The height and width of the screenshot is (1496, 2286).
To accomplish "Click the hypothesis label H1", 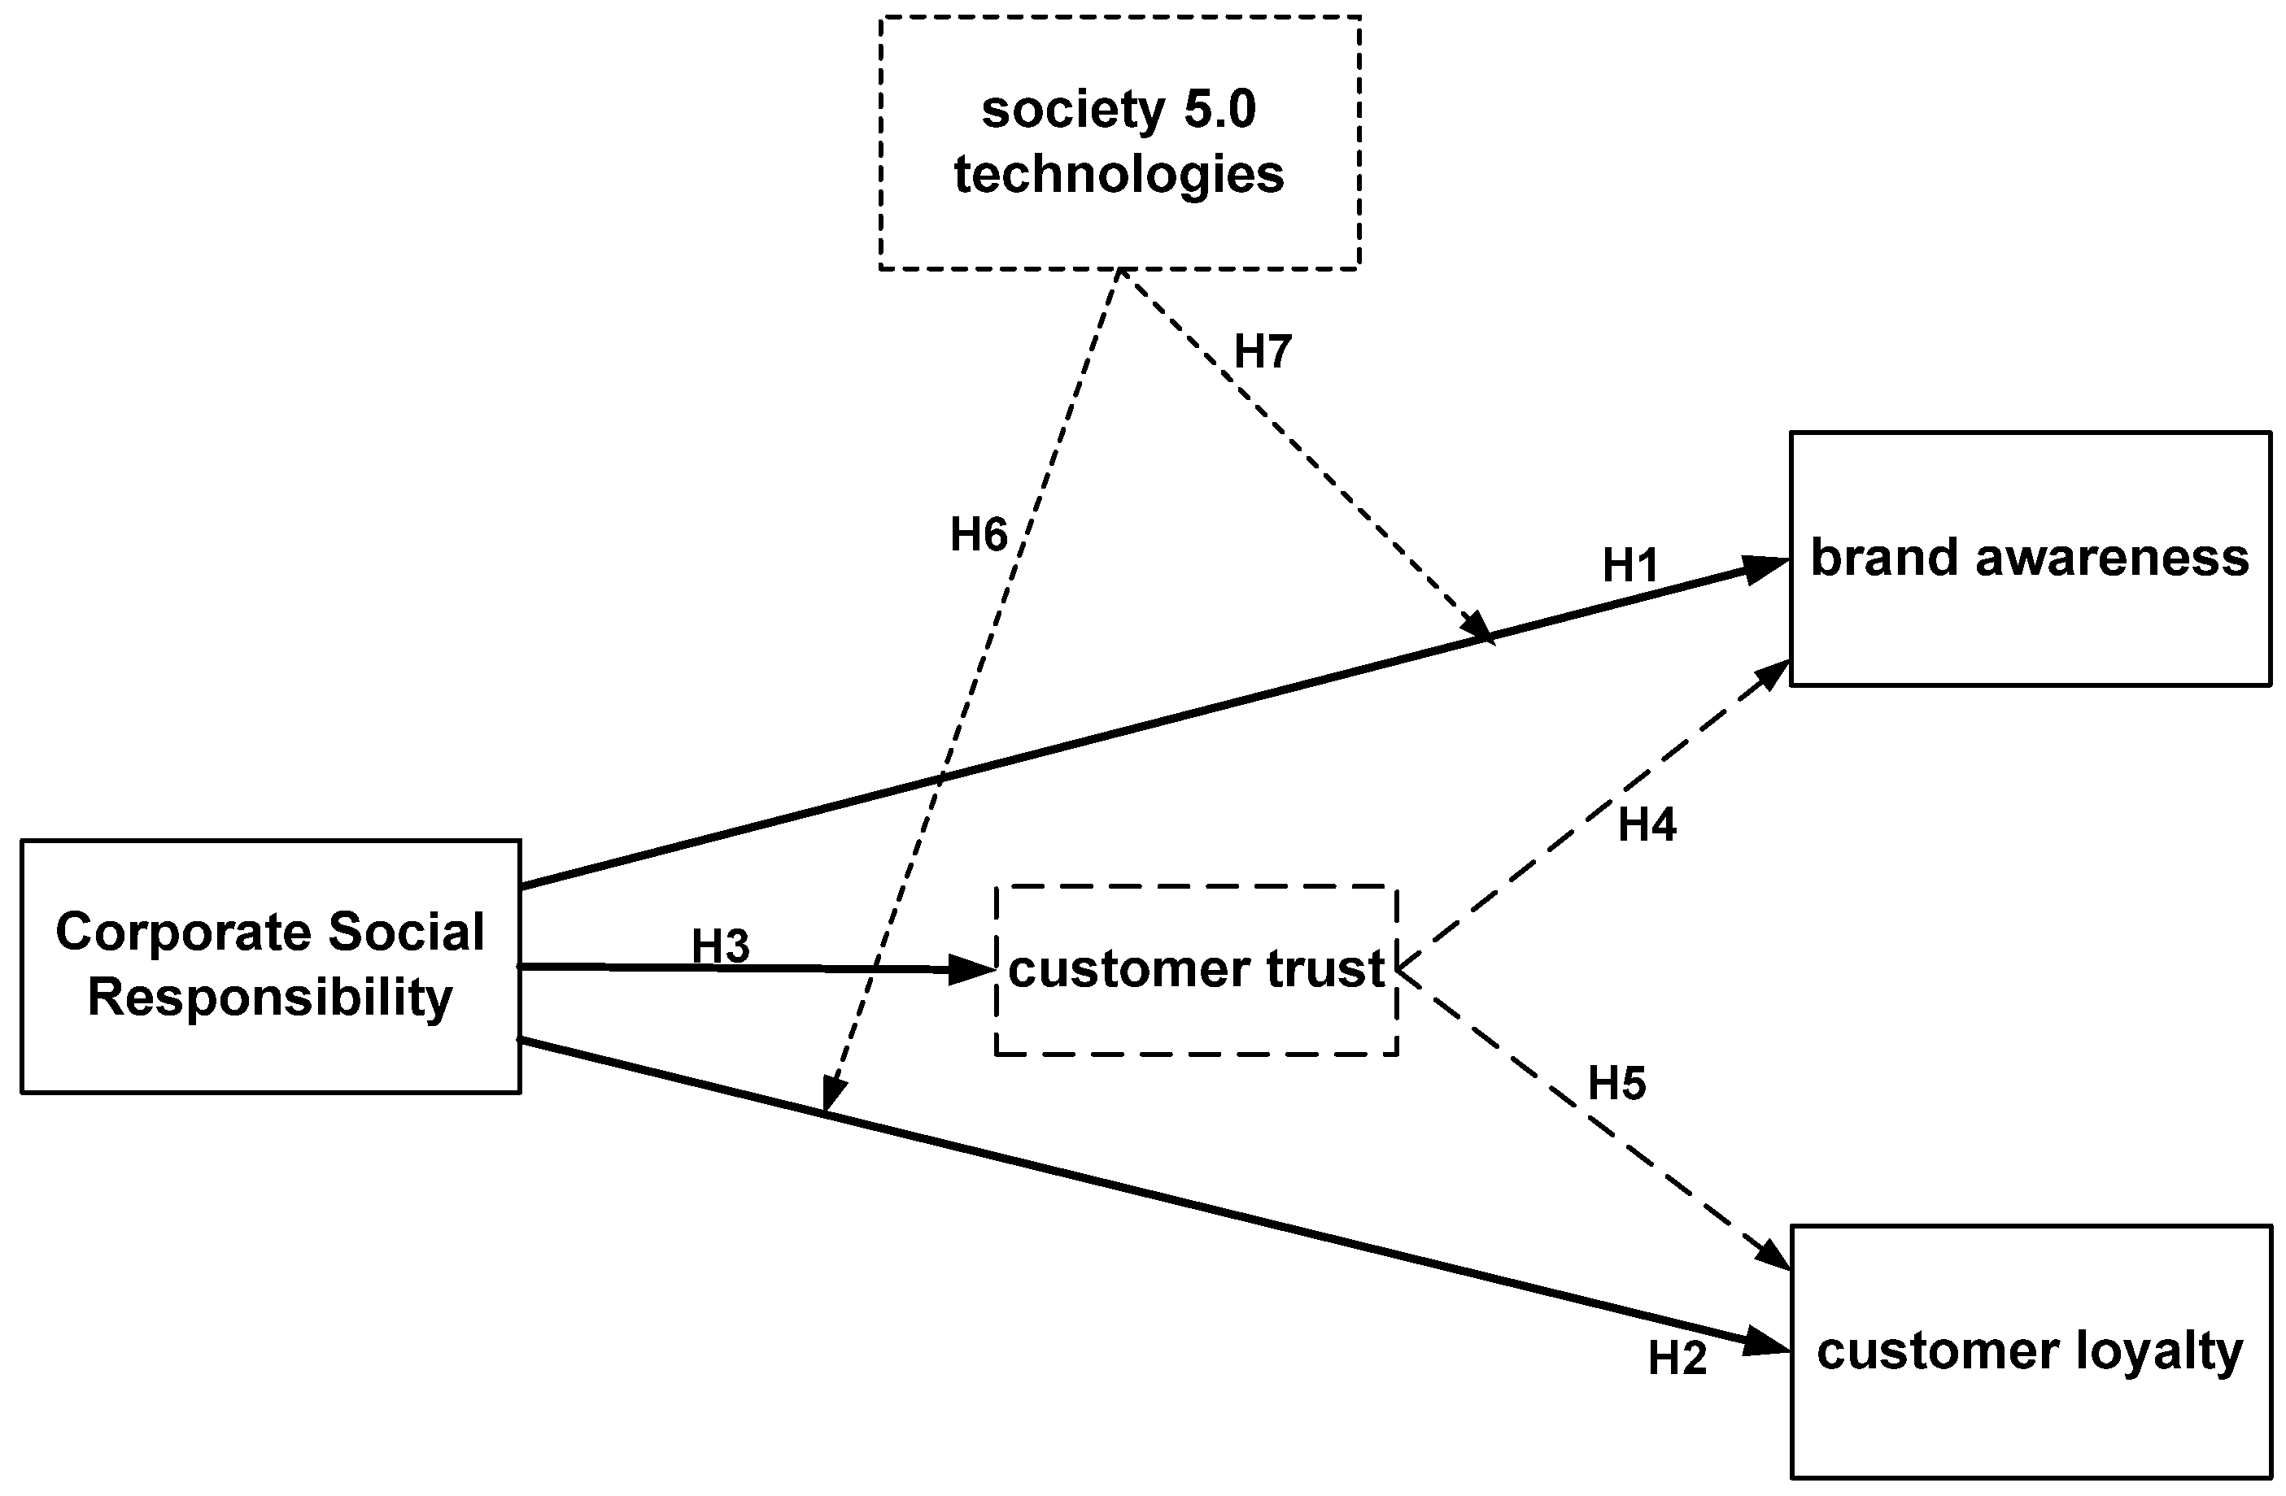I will (1630, 567).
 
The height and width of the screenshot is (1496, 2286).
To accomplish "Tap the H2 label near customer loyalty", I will (1677, 1359).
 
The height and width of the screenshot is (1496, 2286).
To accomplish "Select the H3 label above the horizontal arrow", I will (721, 946).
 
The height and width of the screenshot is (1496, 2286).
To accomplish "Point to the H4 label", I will (1647, 824).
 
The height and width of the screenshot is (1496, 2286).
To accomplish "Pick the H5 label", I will (1616, 1084).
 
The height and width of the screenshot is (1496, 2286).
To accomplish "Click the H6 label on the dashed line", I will (979, 535).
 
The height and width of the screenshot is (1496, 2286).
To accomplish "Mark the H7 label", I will (1262, 351).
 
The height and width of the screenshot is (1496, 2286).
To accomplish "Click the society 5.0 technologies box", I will (1119, 142).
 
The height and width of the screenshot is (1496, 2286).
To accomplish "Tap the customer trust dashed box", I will (1196, 970).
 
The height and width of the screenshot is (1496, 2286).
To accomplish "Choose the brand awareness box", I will (2030, 559).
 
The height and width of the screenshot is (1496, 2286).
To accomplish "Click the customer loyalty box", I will (2030, 1351).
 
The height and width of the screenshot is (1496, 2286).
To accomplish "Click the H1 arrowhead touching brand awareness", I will (1765, 568).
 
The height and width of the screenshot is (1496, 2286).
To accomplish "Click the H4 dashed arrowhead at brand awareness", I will (1773, 675).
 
